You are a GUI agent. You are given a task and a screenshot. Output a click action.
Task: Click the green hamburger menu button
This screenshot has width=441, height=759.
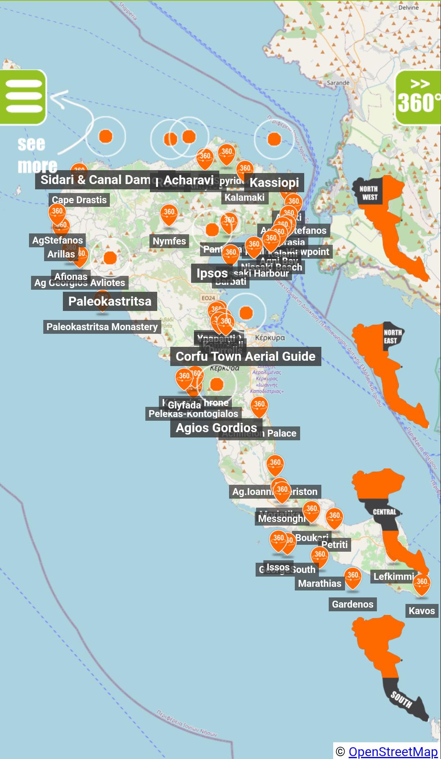(x=23, y=97)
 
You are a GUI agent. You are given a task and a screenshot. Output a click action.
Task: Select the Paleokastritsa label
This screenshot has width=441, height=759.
(x=110, y=302)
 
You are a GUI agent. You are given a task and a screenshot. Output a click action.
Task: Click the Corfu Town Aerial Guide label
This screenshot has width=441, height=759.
(x=245, y=357)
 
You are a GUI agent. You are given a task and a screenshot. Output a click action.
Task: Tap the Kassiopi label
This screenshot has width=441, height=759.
(x=274, y=182)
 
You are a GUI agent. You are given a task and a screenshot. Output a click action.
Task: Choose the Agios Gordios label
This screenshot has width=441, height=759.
(x=216, y=428)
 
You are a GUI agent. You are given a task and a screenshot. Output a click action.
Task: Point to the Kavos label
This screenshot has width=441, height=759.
(x=421, y=611)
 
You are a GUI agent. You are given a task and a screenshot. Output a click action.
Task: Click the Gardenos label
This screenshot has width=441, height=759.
(x=352, y=604)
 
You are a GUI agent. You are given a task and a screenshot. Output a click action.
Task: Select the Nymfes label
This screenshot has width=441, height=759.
(x=169, y=241)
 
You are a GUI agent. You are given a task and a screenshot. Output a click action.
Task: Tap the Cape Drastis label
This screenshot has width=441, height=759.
(x=79, y=200)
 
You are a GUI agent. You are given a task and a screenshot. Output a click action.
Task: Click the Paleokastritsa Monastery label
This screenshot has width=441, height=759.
(x=102, y=327)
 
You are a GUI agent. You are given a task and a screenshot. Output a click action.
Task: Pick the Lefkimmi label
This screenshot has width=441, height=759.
(x=394, y=577)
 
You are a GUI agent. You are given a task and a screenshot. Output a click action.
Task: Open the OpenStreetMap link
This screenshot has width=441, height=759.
(x=393, y=751)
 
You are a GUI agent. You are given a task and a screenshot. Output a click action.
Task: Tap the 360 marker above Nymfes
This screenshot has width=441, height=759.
(x=169, y=214)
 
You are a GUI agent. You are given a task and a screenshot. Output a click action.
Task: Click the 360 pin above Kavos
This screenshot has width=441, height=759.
(x=421, y=584)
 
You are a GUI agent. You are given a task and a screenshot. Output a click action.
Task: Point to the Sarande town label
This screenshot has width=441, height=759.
(x=338, y=83)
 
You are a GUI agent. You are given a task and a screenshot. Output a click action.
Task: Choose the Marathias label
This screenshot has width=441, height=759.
(x=319, y=584)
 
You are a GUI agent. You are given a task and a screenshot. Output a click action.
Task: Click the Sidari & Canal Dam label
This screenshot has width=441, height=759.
(x=95, y=180)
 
